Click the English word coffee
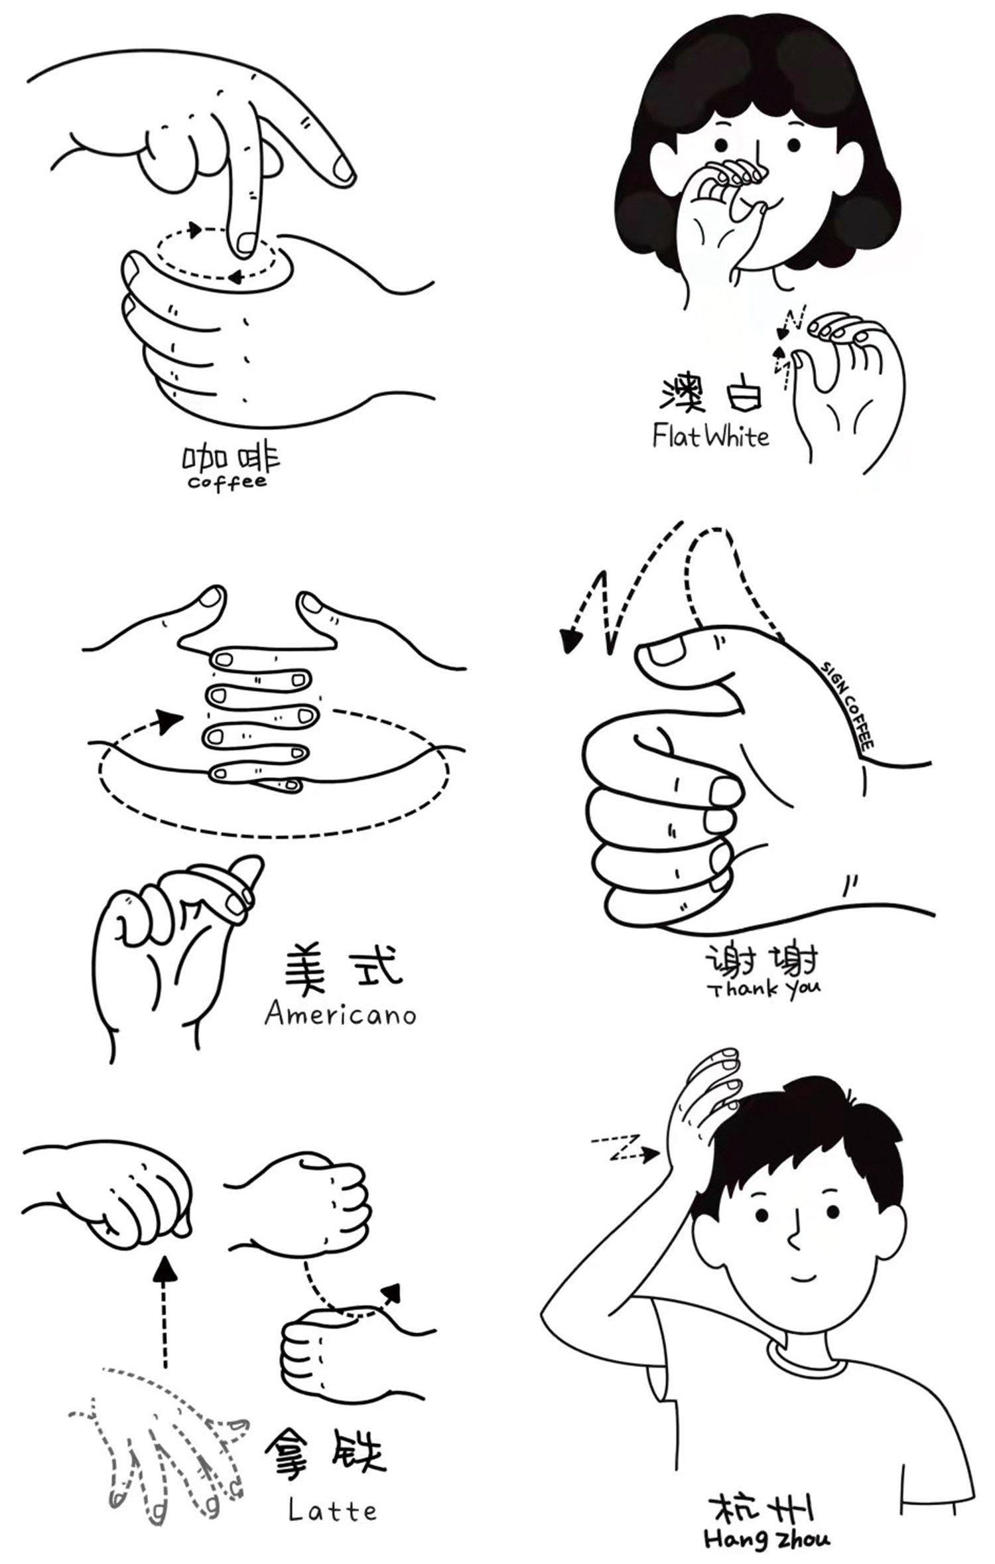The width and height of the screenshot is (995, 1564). pyautogui.click(x=228, y=481)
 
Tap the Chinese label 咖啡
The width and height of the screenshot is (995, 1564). pyautogui.click(x=232, y=458)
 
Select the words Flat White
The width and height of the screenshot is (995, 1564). pyautogui.click(x=710, y=437)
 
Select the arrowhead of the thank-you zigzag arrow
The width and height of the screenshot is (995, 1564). pyautogui.click(x=569, y=641)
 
